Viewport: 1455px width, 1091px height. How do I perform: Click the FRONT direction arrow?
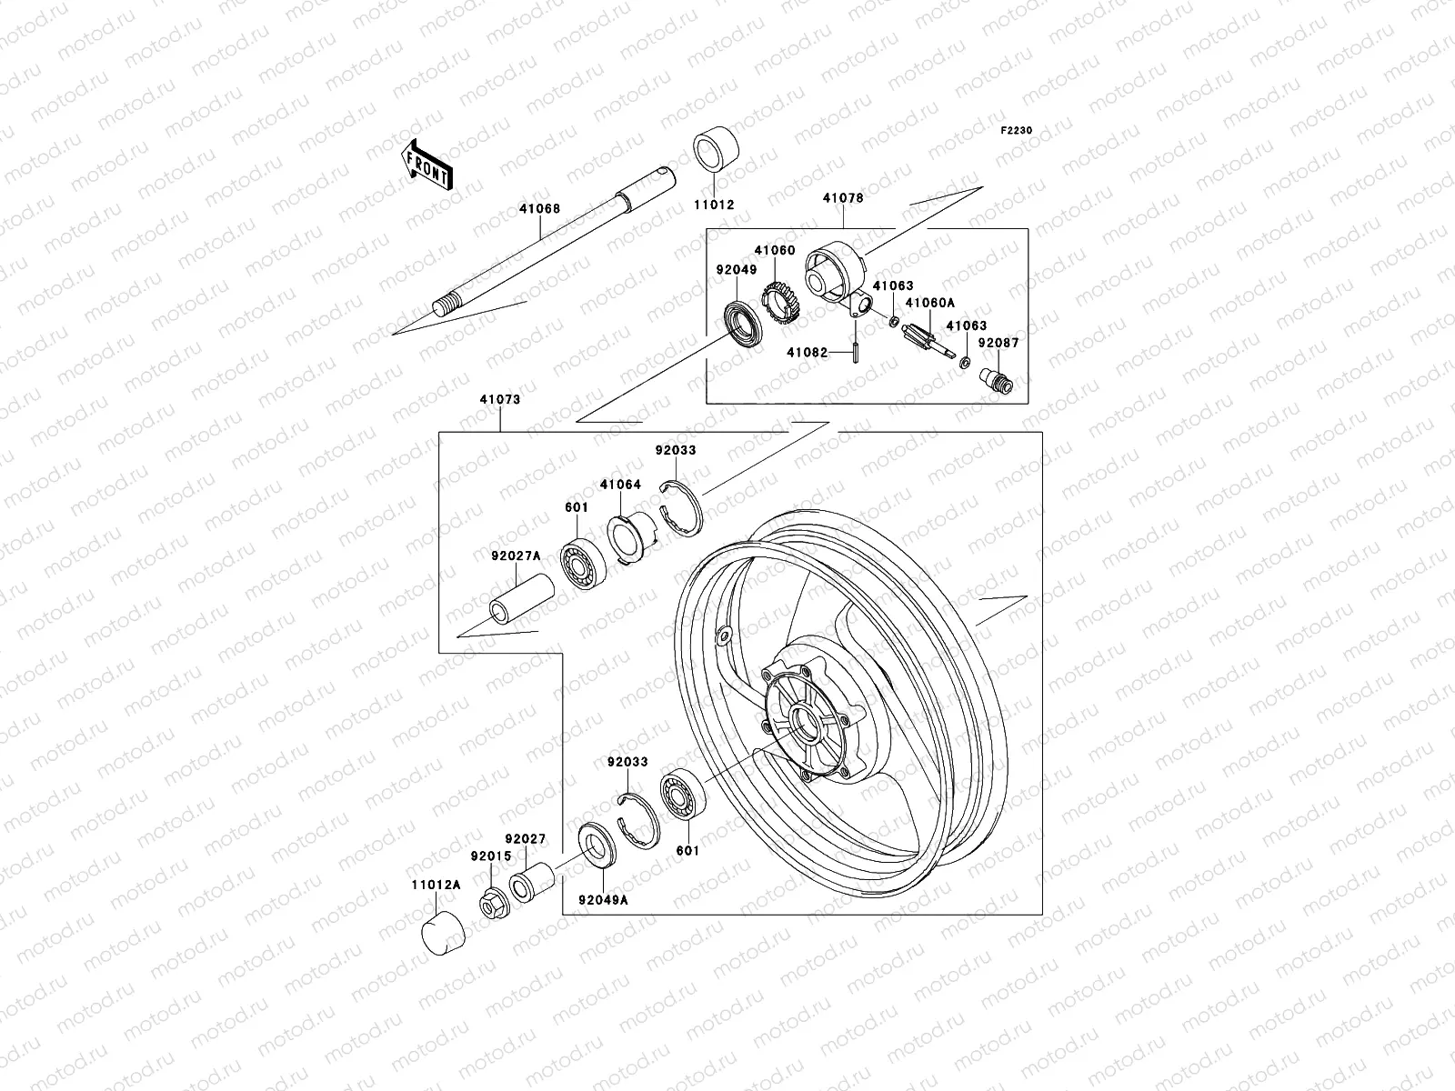click(440, 165)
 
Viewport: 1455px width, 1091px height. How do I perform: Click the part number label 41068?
click(540, 209)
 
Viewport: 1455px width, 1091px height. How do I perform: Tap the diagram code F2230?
click(1018, 131)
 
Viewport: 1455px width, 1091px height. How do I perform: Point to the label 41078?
click(843, 198)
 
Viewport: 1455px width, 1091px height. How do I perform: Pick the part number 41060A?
click(922, 305)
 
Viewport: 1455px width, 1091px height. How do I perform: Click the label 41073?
click(500, 398)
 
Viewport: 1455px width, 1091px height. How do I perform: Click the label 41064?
click(620, 485)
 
